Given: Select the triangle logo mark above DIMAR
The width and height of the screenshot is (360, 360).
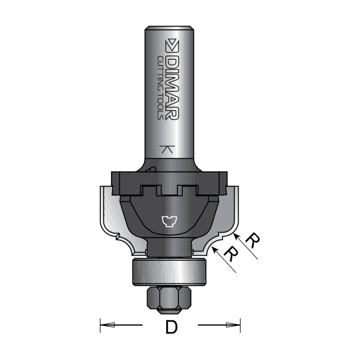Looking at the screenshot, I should (x=172, y=43).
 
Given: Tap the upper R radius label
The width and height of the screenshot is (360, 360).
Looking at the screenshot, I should (x=252, y=240).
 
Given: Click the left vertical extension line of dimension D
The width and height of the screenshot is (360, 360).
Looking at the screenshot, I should (x=99, y=325).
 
